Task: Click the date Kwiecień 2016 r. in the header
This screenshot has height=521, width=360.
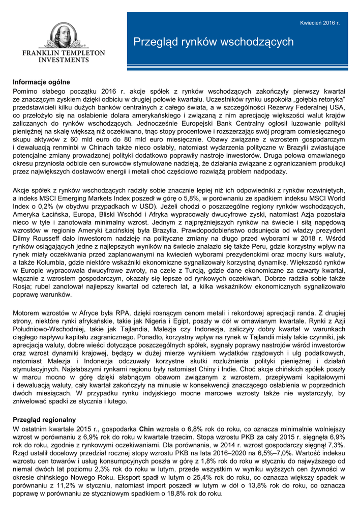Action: [319, 23]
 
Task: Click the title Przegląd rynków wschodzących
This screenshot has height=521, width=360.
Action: [214, 42]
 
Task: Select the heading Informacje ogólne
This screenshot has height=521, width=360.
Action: [41, 82]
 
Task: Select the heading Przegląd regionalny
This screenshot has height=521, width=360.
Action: [44, 420]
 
